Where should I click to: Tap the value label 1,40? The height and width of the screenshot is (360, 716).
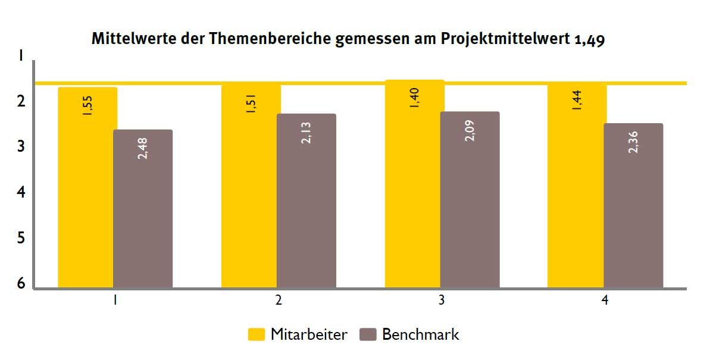(414, 98)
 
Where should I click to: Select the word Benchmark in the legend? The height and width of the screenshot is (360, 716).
(420, 334)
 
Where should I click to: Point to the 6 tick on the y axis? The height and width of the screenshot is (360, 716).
(21, 283)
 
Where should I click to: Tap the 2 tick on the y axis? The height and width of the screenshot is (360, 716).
(21, 102)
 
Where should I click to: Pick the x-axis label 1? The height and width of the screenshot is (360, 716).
(114, 301)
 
